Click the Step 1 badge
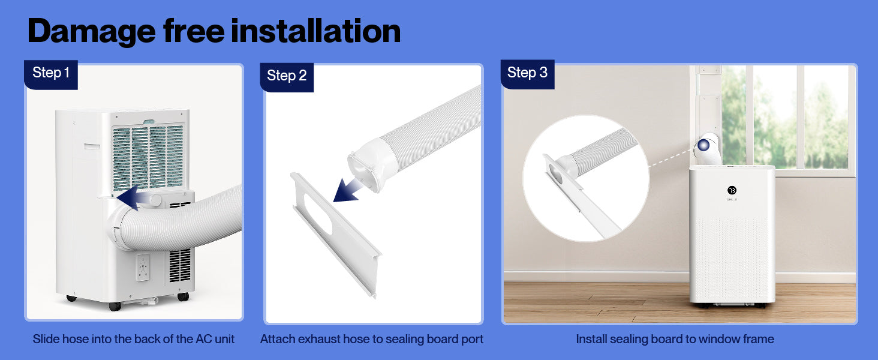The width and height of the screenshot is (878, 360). point(51,74)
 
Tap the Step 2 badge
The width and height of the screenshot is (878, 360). point(287,77)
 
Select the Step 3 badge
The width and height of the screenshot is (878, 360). point(527,74)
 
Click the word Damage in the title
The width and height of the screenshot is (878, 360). point(92,32)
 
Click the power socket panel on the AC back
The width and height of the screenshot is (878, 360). point(143,268)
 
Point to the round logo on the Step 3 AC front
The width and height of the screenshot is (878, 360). point(732,190)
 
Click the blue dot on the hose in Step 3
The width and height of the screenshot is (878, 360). point(703,145)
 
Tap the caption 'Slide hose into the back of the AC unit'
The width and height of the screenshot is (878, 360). point(134,339)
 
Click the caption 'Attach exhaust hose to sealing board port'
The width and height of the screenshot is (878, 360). point(372,339)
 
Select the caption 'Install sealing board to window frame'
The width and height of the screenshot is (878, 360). point(675,339)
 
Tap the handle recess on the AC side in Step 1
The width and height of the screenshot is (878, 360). point(92,146)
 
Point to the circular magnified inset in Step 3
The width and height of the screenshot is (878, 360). point(586,178)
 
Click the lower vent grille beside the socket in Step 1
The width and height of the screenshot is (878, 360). point(180,265)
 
